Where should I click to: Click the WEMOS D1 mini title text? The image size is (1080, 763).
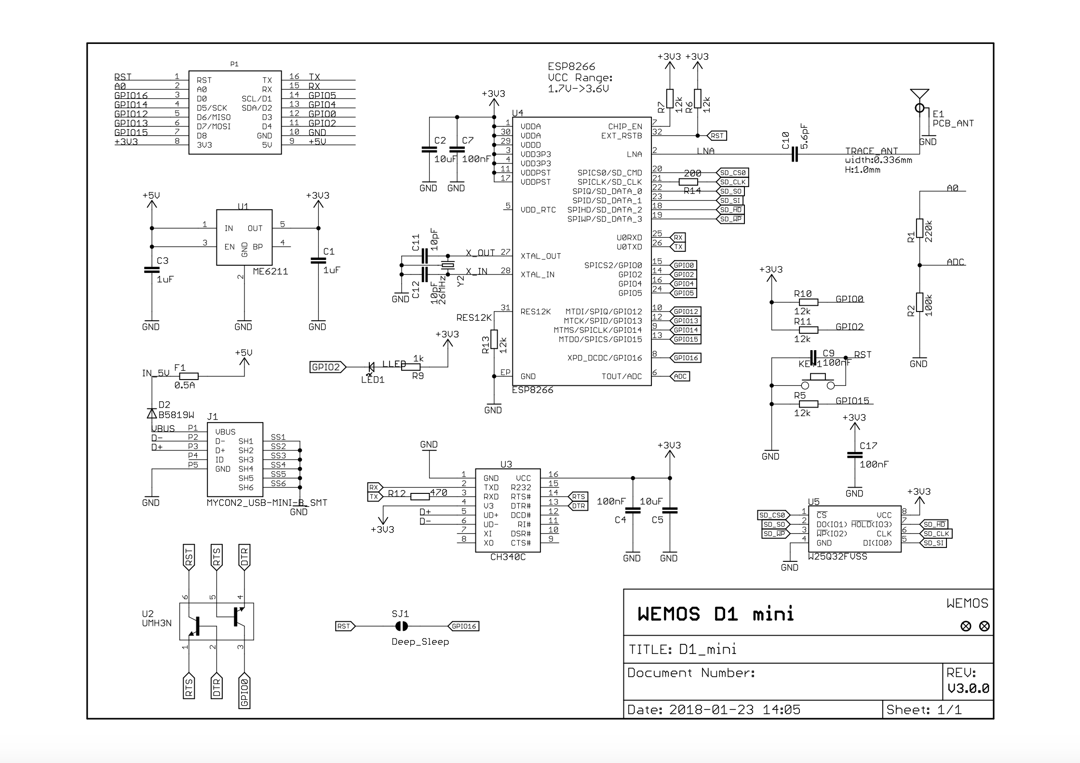(715, 614)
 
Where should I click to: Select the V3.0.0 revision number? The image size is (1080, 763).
(968, 688)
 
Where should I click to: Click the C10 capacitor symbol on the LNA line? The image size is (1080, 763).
(795, 154)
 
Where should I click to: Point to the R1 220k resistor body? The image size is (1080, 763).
(919, 228)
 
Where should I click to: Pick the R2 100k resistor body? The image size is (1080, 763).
(919, 302)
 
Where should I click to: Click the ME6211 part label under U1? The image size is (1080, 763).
(270, 272)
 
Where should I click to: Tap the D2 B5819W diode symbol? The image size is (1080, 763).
(152, 413)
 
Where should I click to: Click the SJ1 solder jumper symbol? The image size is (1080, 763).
(401, 627)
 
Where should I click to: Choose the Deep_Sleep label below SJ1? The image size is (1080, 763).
(420, 642)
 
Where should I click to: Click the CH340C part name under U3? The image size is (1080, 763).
(508, 558)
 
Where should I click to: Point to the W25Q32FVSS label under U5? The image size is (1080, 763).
(837, 557)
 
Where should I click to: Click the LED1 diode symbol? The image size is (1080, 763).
(372, 368)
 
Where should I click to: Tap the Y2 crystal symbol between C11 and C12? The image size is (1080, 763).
(448, 265)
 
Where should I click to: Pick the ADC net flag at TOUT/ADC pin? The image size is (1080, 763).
(680, 376)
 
